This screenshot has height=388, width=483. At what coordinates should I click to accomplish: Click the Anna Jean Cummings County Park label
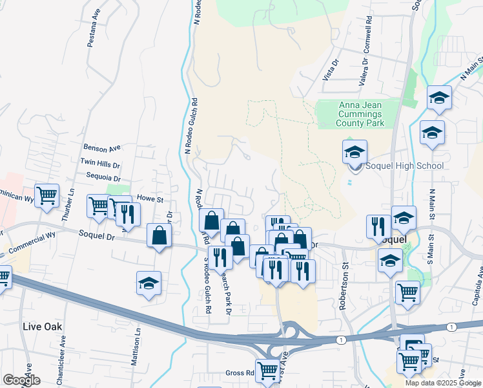pos(361,114)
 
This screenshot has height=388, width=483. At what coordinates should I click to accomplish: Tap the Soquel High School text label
pos(405,166)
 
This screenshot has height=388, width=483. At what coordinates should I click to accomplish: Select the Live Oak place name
pos(43,327)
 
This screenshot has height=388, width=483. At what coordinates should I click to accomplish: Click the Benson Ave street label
pos(102,148)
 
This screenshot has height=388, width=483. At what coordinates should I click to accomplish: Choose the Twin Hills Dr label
pos(100,164)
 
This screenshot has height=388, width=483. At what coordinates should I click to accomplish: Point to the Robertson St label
pos(345,285)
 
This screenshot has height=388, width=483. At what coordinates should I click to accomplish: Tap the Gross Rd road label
pos(240,373)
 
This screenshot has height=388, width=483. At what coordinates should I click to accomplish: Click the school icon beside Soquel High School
pos(355,153)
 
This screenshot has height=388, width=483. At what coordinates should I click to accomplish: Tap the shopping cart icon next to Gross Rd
pos(267,371)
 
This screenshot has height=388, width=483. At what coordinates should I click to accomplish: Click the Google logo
pos(21,380)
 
